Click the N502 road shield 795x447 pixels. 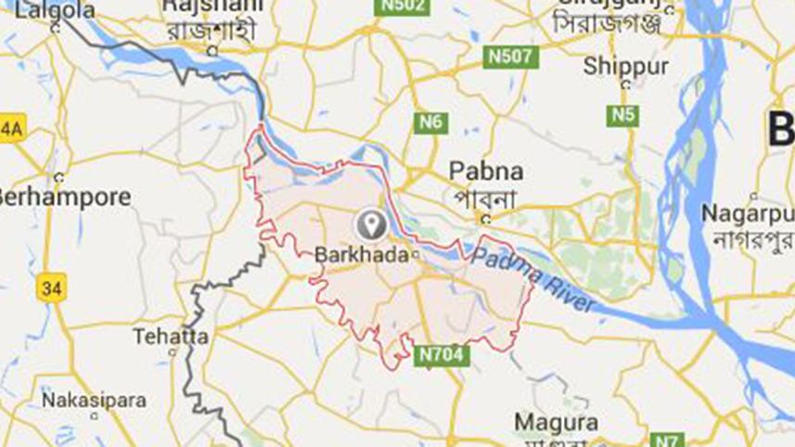click(x=403, y=7)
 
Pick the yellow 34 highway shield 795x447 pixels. click(x=53, y=287)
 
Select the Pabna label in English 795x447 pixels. click(x=485, y=172)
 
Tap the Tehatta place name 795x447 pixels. click(x=171, y=336)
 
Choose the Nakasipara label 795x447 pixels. click(x=94, y=401)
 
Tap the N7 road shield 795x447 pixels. click(x=664, y=440)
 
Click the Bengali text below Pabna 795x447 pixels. click(x=485, y=198)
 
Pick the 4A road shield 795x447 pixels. click(x=10, y=129)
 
